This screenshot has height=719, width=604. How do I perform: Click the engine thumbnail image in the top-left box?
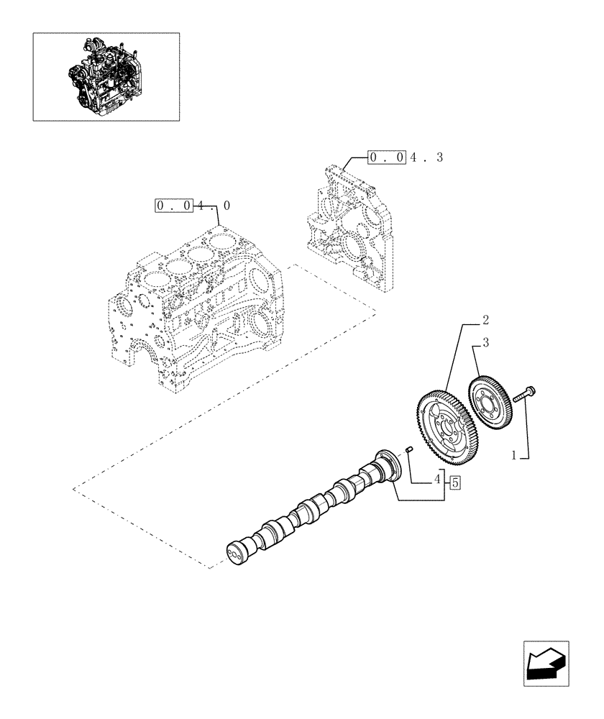106,75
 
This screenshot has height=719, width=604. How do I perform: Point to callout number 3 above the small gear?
485,344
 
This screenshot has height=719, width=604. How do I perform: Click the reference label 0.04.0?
193,206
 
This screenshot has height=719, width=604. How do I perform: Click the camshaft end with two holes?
236,553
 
